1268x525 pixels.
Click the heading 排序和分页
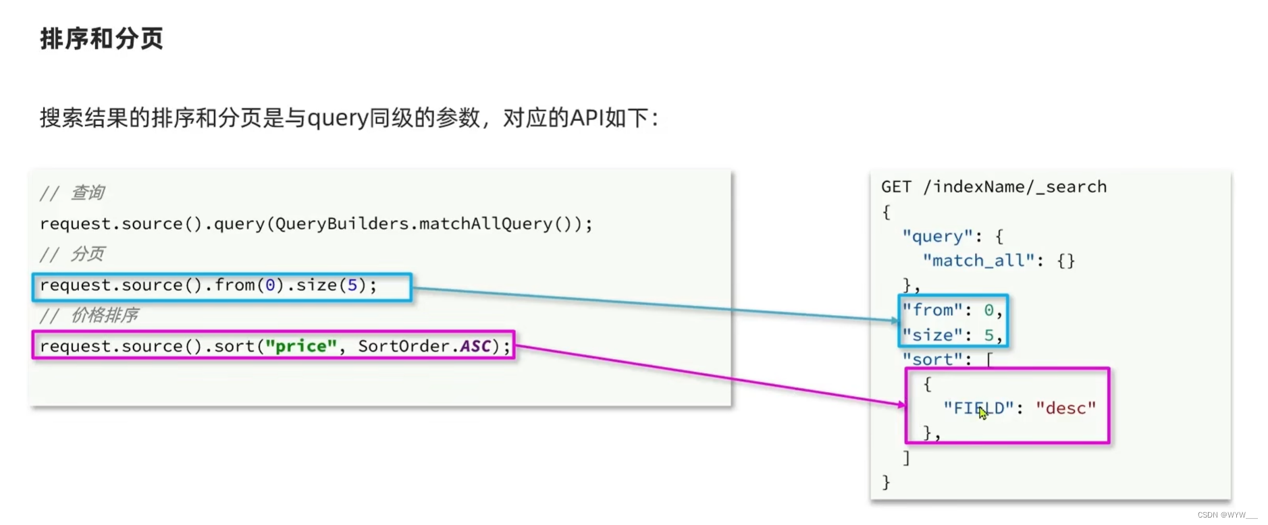pos(101,38)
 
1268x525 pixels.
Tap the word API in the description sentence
pos(587,118)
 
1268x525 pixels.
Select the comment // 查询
pos(72,193)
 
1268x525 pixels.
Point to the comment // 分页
pos(72,254)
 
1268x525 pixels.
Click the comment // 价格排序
pos(88,315)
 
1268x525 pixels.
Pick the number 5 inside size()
pos(352,285)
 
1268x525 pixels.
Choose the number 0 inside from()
pos(270,285)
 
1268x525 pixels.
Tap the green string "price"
pos(300,346)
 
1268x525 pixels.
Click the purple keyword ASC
pos(475,346)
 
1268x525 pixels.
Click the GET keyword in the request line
pos(896,187)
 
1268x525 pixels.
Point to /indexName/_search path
pos(1015,187)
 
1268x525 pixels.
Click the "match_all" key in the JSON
pos(978,260)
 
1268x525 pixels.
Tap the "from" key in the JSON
pos(933,310)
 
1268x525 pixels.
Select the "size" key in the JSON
pos(932,335)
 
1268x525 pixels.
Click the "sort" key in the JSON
pos(932,360)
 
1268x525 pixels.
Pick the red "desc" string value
pos(1065,408)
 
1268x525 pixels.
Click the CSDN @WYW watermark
pos(1227,515)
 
